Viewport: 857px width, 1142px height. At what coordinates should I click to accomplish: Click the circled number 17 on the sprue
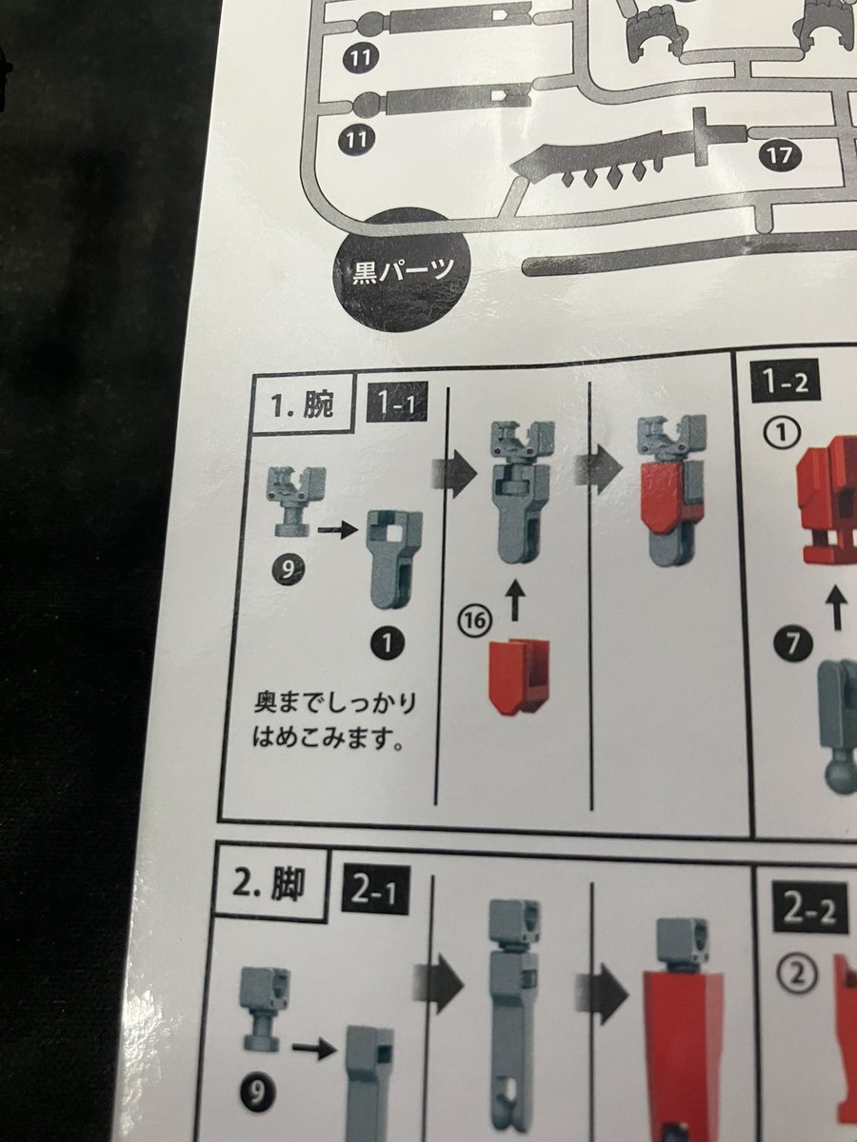pos(778,153)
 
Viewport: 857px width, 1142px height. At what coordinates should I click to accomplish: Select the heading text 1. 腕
pos(302,406)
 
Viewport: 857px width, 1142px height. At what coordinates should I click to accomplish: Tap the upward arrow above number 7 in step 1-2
pos(838,608)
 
